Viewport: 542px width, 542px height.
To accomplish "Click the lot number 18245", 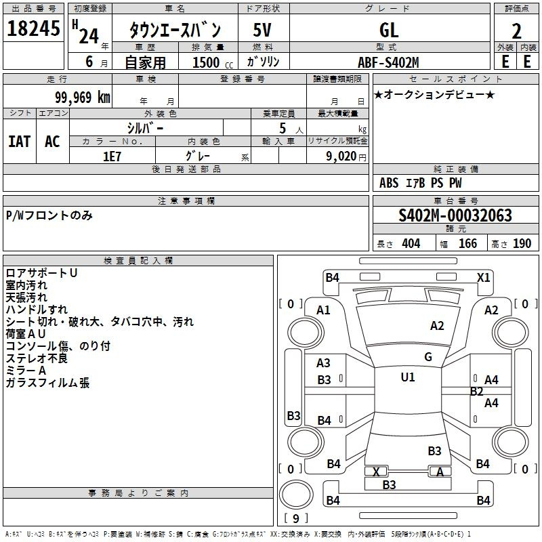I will point(33,28).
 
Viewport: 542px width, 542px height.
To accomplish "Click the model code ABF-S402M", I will point(388,62).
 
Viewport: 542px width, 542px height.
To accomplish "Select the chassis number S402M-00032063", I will point(455,215).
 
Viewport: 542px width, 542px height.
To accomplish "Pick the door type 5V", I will point(263,30).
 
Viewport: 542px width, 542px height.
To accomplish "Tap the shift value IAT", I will point(20,142).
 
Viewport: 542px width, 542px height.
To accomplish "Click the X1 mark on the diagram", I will point(484,277).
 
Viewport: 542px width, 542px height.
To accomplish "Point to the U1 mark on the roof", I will point(408,377).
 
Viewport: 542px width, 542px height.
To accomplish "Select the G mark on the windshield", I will point(428,356).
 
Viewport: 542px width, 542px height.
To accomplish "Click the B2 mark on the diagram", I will point(476,392).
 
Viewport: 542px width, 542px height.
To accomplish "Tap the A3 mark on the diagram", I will point(324,363).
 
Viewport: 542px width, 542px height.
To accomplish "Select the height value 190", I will point(522,244).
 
